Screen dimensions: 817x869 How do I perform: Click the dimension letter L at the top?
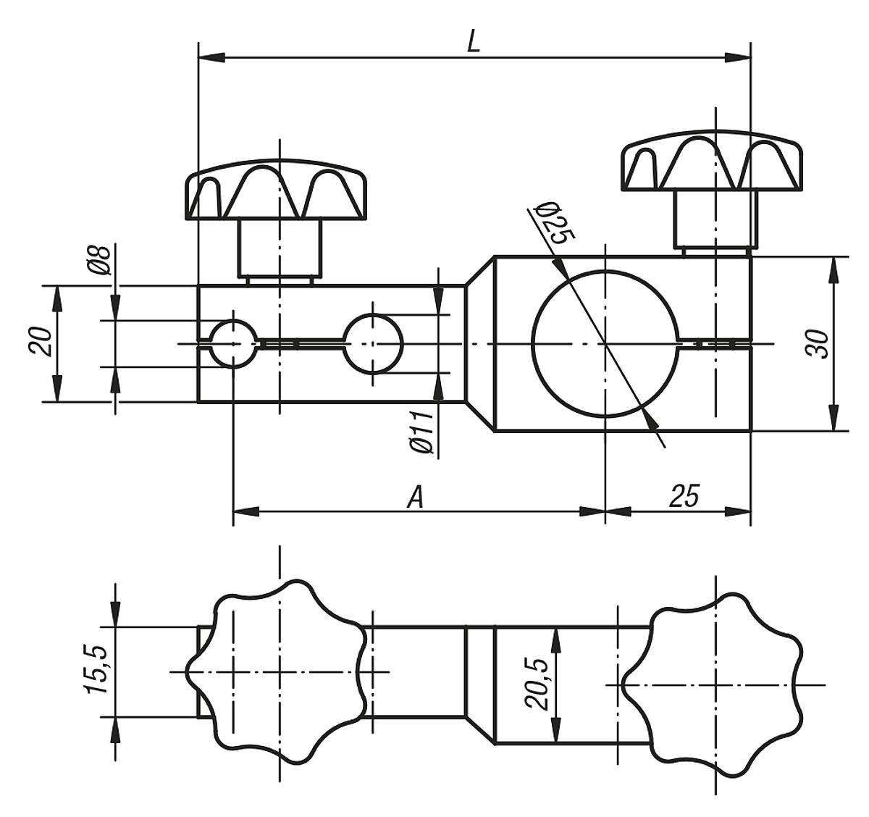click(x=473, y=42)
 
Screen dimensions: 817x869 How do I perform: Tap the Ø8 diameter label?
click(x=102, y=259)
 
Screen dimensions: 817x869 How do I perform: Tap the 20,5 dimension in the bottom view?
click(x=538, y=684)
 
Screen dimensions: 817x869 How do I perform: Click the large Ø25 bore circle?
click(x=605, y=343)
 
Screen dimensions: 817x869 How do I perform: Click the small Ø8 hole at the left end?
click(x=232, y=343)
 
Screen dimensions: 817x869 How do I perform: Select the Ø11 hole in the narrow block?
click(x=373, y=343)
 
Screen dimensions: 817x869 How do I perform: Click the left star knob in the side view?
click(x=279, y=192)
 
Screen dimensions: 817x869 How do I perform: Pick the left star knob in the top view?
click(x=279, y=671)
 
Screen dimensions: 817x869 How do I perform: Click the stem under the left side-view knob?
click(x=280, y=248)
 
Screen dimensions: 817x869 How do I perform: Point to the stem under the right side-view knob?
click(x=715, y=219)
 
